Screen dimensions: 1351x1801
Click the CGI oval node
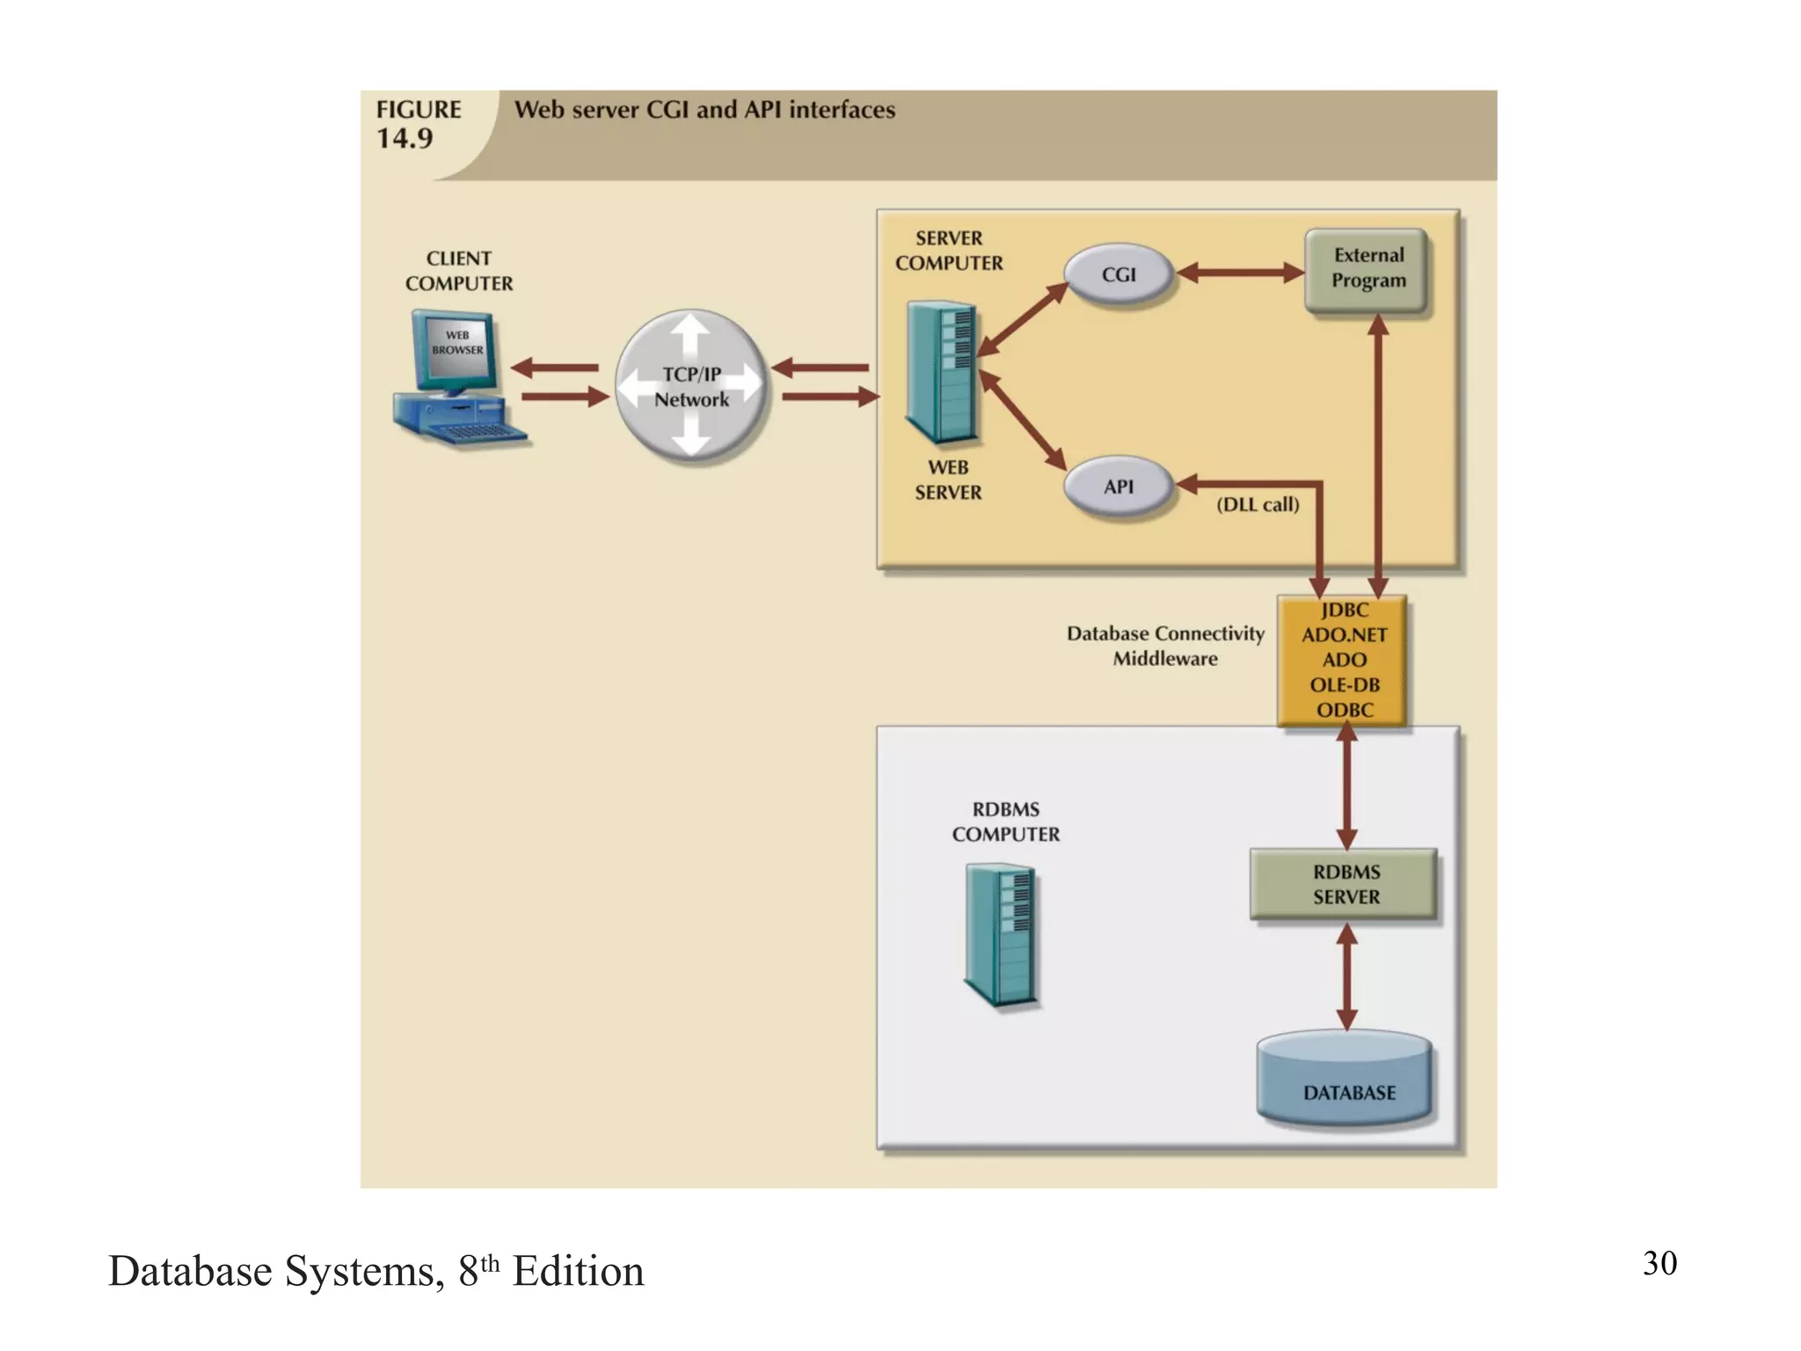coord(1118,274)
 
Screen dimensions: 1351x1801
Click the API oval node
coord(1118,486)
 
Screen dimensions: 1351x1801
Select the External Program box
coord(1367,268)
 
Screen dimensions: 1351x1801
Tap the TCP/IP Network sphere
coord(691,386)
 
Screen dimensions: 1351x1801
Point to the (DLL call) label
coord(1257,505)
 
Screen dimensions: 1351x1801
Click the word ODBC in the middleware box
coord(1344,710)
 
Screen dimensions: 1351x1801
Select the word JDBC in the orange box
coord(1344,610)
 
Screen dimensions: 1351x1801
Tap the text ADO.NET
coord(1344,635)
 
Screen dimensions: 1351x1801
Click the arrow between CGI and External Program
coord(1240,273)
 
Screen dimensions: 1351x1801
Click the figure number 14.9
coord(405,139)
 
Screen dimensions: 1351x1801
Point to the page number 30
coord(1659,1263)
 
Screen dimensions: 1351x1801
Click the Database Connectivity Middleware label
coord(1164,646)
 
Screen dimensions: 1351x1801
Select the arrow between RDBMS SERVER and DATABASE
coord(1346,976)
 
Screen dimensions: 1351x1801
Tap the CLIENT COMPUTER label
coord(458,271)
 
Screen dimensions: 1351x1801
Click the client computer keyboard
coord(476,432)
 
